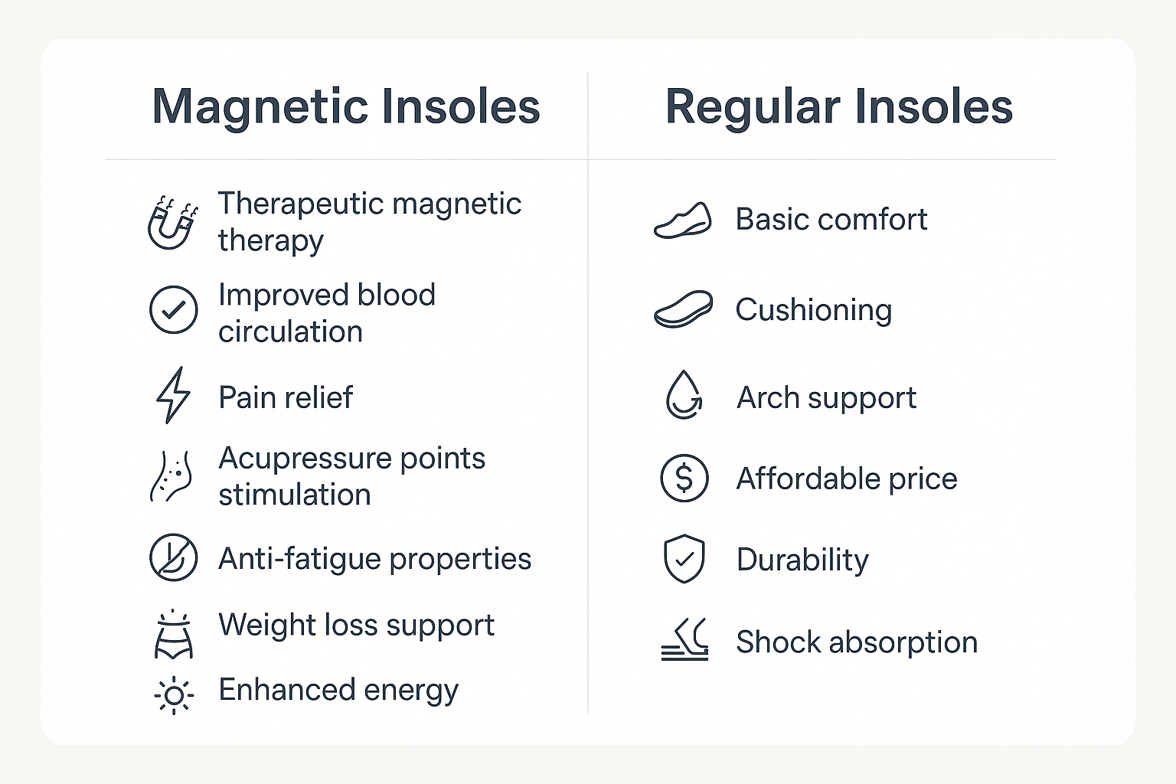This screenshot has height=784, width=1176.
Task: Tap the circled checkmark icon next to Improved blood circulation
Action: (x=173, y=310)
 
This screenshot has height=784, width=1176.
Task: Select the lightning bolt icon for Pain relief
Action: (x=173, y=395)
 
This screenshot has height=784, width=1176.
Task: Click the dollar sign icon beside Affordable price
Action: (x=684, y=479)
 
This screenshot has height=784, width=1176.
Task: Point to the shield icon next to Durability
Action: (x=684, y=559)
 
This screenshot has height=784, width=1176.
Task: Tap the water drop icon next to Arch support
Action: (x=684, y=395)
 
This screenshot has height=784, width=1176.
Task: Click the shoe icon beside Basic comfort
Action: (x=682, y=220)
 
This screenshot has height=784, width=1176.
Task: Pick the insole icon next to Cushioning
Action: (x=683, y=309)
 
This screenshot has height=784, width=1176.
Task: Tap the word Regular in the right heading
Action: (x=753, y=108)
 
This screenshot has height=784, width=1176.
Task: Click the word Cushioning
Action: (x=813, y=311)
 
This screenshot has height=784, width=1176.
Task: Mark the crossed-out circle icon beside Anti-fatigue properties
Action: (x=173, y=557)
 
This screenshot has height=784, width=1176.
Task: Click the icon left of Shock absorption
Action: (x=684, y=639)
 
